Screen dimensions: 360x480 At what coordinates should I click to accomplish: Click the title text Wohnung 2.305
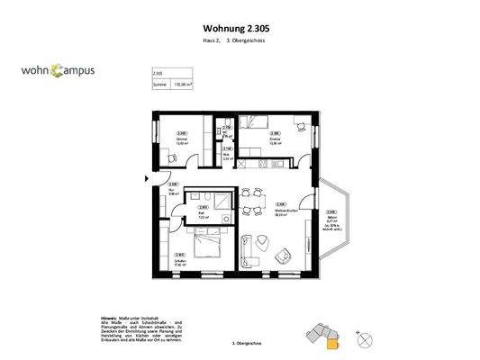236,28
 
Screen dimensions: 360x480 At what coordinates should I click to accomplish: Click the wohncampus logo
59,70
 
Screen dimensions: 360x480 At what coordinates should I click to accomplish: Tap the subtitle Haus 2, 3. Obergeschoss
236,42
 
